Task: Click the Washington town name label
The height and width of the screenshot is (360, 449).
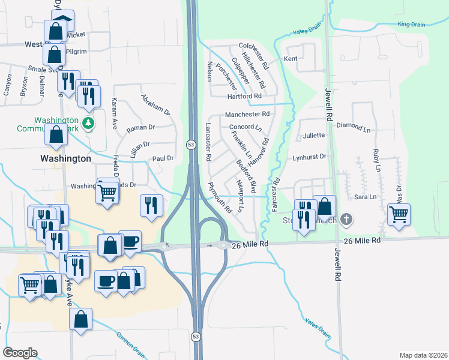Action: click(x=65, y=159)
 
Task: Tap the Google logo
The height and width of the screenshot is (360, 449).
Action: click(x=20, y=353)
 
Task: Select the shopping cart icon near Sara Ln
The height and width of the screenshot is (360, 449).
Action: click(x=399, y=214)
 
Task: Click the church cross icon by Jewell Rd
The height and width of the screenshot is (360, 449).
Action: click(x=346, y=220)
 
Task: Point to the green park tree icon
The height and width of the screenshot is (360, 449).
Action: click(x=89, y=123)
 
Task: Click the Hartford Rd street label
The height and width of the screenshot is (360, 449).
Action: click(x=244, y=96)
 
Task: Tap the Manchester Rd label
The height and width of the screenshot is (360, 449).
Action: click(x=247, y=115)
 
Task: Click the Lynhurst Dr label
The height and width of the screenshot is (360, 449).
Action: click(x=309, y=157)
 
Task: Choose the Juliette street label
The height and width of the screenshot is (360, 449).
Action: click(x=313, y=136)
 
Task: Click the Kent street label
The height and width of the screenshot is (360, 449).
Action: click(x=291, y=59)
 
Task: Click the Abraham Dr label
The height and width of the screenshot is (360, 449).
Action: click(x=156, y=104)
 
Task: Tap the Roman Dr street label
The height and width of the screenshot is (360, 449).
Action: click(x=140, y=127)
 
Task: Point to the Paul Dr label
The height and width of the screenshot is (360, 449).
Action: click(x=163, y=158)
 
